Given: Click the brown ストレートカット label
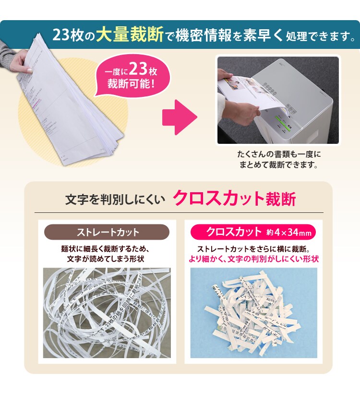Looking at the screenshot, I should (x=108, y=233).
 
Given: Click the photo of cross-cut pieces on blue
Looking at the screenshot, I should (x=253, y=313).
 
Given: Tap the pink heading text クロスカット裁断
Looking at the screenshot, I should (x=234, y=198).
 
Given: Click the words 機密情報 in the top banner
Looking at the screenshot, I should (x=201, y=35).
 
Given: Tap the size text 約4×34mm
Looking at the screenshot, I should (x=289, y=233).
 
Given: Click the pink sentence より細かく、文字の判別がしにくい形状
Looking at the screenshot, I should (x=253, y=259).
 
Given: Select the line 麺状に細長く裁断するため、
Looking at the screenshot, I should (x=107, y=249).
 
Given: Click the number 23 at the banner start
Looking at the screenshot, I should (x=62, y=35).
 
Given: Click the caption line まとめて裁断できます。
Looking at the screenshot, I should (x=278, y=165).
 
